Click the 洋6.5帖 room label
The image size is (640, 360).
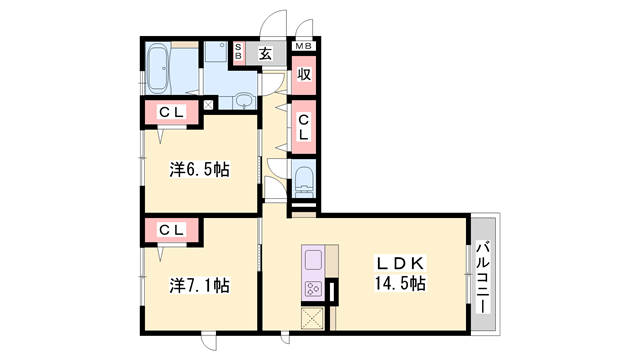coord(199,170)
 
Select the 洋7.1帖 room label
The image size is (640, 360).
coord(199,286)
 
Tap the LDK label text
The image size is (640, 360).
coord(400,264)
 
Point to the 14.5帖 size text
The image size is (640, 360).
coord(400,283)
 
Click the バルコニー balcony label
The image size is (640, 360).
coord(483,278)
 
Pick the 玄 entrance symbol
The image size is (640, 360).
coord(265,53)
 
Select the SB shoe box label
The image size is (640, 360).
coord(238,52)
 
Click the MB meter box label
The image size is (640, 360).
coord(304,46)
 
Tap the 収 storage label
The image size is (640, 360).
coord(304,74)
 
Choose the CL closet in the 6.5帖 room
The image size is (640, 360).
coord(172,112)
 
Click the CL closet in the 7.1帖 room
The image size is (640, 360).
coord(172,230)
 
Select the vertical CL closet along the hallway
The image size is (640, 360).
coord(304,127)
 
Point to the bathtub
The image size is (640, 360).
coord(157,67)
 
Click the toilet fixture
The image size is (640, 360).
coord(304,180)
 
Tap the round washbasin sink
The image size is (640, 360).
coord(244,100)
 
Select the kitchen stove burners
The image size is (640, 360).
coord(313,289)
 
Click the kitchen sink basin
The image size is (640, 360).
coord(313,260)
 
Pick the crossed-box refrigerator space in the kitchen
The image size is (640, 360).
coord(313,318)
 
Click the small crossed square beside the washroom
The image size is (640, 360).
coord(208,105)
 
